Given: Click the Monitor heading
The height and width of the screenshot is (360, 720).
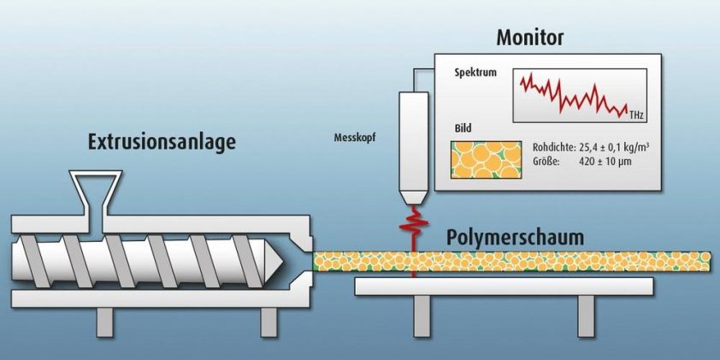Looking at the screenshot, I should click(x=530, y=38).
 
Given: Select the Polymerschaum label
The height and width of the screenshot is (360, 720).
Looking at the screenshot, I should click(x=516, y=237).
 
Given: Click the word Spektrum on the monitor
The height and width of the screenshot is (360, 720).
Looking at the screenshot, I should click(x=475, y=73).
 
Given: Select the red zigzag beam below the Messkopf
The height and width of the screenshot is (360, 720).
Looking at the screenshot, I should click(x=413, y=231).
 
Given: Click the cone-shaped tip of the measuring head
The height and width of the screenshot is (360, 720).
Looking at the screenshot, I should click(x=413, y=198).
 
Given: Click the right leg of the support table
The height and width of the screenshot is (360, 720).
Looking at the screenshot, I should click(x=586, y=316).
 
